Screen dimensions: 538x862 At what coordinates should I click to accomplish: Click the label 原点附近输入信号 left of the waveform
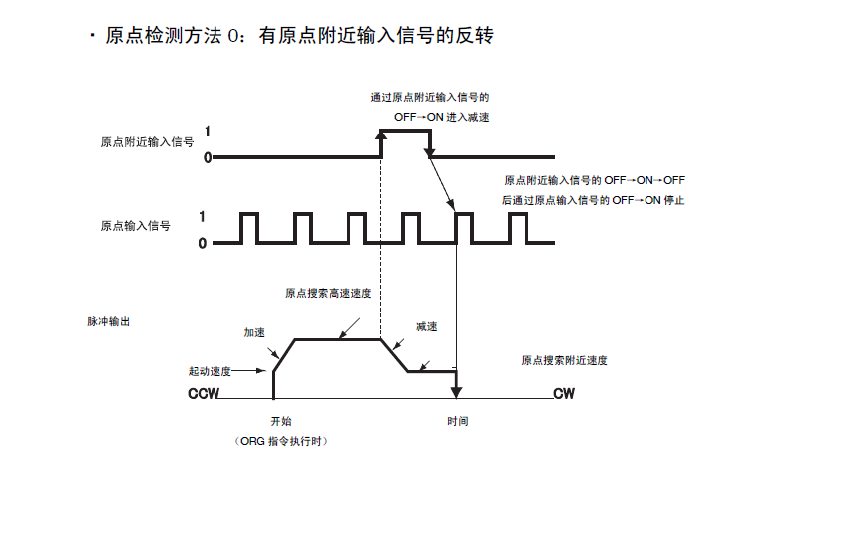point(147,142)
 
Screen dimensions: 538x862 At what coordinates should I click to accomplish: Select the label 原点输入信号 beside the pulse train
point(135,226)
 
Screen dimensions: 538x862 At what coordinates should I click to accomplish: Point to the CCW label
point(203,394)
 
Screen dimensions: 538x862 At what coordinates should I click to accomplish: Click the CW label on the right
point(564,394)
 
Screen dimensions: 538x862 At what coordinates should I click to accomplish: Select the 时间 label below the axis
point(457,421)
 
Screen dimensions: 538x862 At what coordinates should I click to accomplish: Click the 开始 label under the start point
point(281,421)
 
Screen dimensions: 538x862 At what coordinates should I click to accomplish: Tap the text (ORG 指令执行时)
point(281,441)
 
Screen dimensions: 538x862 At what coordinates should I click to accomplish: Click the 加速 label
point(255,331)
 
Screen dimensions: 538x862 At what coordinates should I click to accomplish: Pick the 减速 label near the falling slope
point(427,326)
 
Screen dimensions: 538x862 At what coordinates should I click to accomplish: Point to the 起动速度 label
point(210,371)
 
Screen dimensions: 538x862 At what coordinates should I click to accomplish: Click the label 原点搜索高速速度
point(328,293)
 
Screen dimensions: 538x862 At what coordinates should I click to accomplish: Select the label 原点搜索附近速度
point(564,360)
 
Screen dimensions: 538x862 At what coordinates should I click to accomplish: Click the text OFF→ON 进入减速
point(441,117)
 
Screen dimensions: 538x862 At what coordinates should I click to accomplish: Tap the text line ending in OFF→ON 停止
point(595,200)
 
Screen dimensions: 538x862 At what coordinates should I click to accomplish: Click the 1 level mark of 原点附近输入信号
point(207,131)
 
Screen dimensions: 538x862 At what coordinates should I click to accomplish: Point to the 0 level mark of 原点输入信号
point(203,242)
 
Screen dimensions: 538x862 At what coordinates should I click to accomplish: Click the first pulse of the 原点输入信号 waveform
point(250,227)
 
